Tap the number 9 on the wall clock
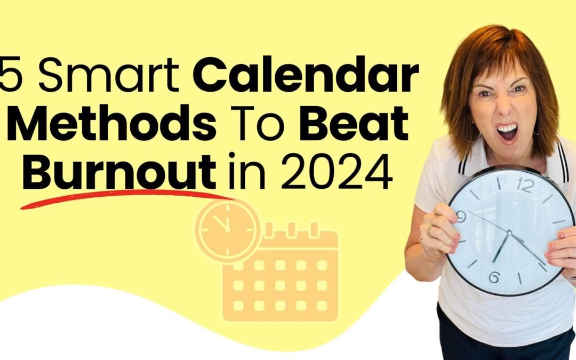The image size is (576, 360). (462, 216)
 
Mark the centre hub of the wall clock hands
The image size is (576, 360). (509, 233)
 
